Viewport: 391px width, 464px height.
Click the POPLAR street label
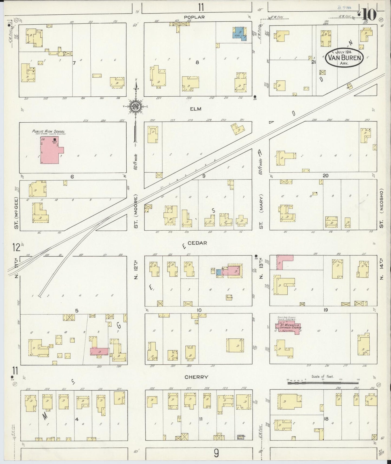point(194,17)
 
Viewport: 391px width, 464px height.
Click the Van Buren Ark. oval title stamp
point(344,57)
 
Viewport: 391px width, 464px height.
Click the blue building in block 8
point(240,34)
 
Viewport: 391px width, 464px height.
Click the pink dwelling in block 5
point(100,351)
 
